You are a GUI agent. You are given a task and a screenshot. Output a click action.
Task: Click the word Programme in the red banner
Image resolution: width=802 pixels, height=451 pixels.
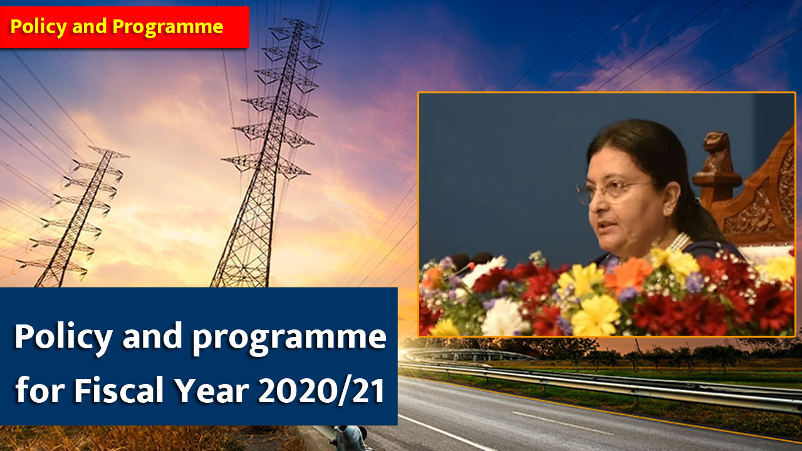click(x=168, y=27)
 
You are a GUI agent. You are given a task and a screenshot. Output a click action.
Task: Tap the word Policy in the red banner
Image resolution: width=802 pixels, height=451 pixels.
click(x=38, y=27)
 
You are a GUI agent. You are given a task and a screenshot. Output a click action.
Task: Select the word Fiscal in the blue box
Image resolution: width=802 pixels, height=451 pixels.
click(x=119, y=390)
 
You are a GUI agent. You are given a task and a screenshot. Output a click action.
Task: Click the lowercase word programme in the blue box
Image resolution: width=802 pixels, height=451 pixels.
click(x=289, y=339)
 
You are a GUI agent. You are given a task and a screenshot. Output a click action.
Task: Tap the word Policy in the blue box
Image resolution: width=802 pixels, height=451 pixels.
click(x=63, y=338)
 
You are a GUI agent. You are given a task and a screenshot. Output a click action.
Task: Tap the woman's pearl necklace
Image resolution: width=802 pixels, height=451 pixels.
click(x=679, y=242)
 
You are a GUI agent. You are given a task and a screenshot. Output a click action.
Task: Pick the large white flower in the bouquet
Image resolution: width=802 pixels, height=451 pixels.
click(x=504, y=318)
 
